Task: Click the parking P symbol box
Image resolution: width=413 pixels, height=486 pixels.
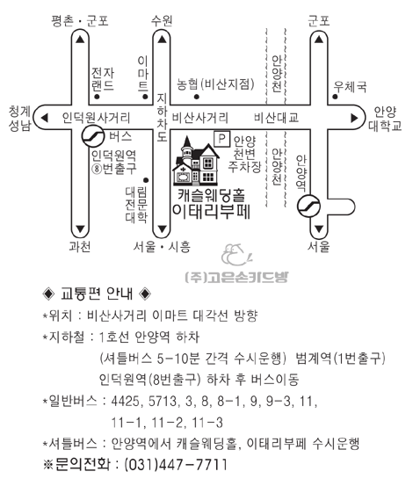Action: click(x=221, y=139)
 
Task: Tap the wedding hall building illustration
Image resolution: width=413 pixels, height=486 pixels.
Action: click(x=196, y=161)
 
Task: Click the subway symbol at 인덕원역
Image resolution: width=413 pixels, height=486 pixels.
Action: click(x=93, y=136)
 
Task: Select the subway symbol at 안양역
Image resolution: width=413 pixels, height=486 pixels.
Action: click(x=308, y=206)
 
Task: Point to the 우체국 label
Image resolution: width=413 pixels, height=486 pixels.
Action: click(x=350, y=86)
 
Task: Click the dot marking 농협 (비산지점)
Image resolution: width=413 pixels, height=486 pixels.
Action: click(x=197, y=97)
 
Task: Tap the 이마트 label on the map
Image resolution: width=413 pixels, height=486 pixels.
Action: click(x=143, y=74)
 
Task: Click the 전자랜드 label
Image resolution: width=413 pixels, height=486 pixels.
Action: click(x=103, y=79)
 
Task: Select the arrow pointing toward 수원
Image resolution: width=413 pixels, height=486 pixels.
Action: click(x=162, y=40)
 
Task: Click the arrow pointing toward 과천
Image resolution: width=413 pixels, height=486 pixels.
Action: click(x=80, y=228)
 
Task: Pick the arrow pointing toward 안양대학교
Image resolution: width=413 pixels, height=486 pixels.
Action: click(x=354, y=118)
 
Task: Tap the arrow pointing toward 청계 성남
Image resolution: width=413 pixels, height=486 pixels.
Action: click(x=45, y=118)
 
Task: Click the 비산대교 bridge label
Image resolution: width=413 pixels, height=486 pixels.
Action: click(x=276, y=118)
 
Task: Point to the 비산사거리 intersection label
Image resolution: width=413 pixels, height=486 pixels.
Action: click(x=200, y=118)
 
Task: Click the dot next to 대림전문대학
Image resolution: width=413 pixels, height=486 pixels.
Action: click(x=146, y=180)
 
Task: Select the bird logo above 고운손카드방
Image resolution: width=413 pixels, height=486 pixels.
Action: click(x=236, y=255)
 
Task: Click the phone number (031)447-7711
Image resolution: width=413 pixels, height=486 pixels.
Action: click(x=176, y=464)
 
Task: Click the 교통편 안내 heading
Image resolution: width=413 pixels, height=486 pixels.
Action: click(x=97, y=294)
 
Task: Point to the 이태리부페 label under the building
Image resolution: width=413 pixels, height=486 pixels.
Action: click(x=211, y=212)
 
